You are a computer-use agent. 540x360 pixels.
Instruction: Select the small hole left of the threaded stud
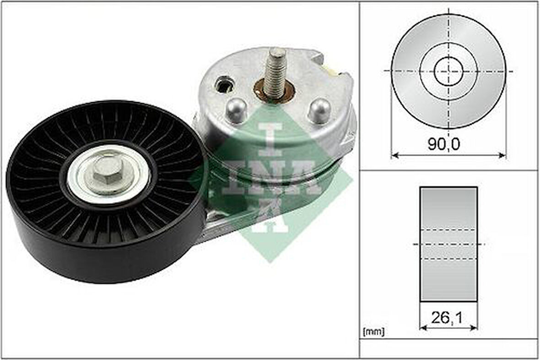point(225,84)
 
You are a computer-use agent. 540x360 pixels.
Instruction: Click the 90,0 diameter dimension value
point(443,144)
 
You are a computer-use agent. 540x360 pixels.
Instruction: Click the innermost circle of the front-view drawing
point(448,71)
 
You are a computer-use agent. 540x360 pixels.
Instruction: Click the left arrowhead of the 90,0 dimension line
point(394,155)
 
